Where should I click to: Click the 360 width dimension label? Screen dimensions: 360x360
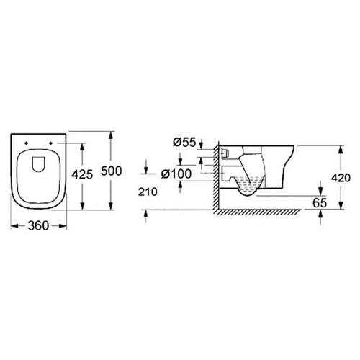38,226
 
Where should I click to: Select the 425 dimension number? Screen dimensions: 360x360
82,174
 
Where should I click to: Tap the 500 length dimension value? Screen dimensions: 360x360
112,171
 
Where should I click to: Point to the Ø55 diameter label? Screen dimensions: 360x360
184,143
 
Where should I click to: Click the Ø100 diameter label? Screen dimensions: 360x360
176,174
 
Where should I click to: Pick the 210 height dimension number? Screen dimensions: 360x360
148,192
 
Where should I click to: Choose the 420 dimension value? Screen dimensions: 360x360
341,178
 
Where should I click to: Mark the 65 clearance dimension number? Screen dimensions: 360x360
320,203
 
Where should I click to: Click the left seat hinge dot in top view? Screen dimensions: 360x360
26,143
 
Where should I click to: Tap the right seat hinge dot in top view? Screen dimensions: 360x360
50,143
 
